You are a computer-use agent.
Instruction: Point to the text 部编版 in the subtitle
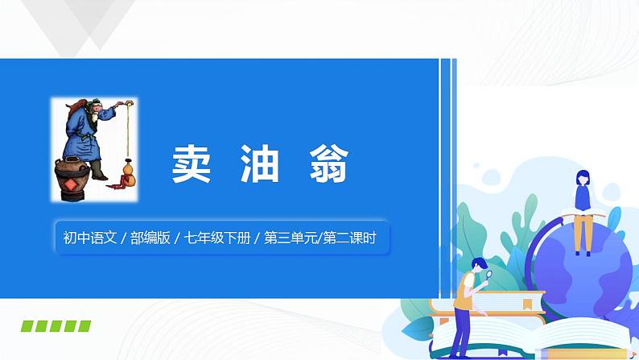[x=149, y=238]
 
